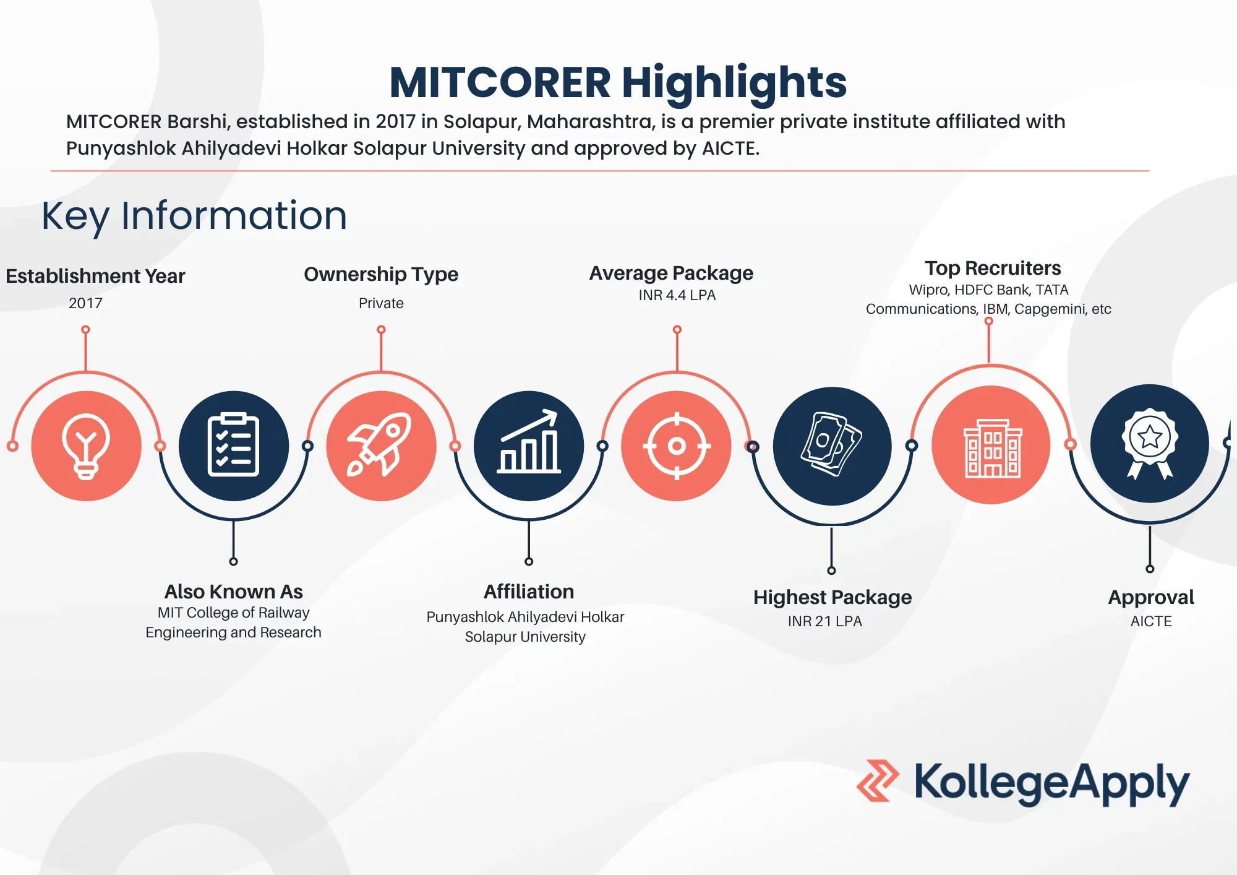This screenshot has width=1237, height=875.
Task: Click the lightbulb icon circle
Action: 86,446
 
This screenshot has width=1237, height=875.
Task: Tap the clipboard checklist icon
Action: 233,446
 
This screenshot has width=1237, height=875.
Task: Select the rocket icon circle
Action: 381,446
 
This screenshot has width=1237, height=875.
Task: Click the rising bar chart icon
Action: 529,446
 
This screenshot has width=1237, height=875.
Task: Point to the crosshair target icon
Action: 677,446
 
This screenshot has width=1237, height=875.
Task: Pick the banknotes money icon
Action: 832,446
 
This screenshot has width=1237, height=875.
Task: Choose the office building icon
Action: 991,446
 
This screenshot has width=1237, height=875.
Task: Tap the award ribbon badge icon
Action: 1149,444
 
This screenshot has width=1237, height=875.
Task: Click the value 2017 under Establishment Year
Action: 85,303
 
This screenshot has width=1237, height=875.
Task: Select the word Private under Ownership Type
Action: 381,303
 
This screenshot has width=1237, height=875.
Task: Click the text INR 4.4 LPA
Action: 677,295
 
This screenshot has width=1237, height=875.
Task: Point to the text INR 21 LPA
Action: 824,621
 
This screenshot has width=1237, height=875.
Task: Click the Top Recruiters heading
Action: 993,268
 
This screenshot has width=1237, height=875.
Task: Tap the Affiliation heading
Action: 529,592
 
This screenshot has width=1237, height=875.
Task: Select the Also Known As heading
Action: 233,592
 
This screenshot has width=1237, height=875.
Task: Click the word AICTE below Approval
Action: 1151,621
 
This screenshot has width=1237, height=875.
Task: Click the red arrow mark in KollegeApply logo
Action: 878,781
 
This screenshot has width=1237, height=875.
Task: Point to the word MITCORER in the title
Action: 500,83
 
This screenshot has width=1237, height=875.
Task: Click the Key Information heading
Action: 194,216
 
